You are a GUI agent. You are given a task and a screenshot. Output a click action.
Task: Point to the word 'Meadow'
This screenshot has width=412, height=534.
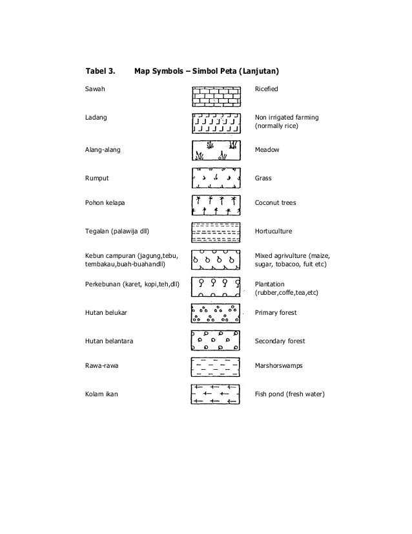click(x=268, y=149)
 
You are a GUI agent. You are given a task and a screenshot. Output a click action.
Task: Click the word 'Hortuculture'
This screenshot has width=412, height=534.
click(x=274, y=231)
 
